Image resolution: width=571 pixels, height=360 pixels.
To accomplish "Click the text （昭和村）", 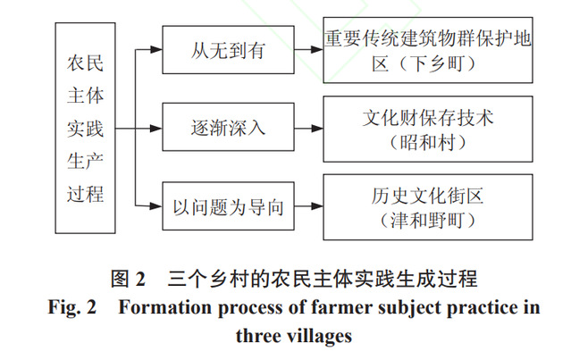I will (x=428, y=141).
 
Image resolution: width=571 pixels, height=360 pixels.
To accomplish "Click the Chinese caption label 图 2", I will (x=128, y=277).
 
